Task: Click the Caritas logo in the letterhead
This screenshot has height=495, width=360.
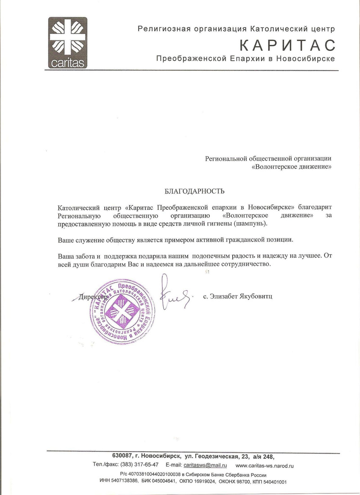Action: click(x=68, y=43)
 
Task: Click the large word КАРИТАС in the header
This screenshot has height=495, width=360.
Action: click(x=288, y=45)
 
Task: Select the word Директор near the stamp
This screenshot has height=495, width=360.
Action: click(x=93, y=297)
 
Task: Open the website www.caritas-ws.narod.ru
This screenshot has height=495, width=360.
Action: click(x=265, y=465)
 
